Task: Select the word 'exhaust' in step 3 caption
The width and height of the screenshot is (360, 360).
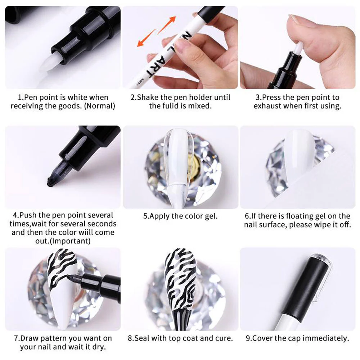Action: [267, 106]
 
